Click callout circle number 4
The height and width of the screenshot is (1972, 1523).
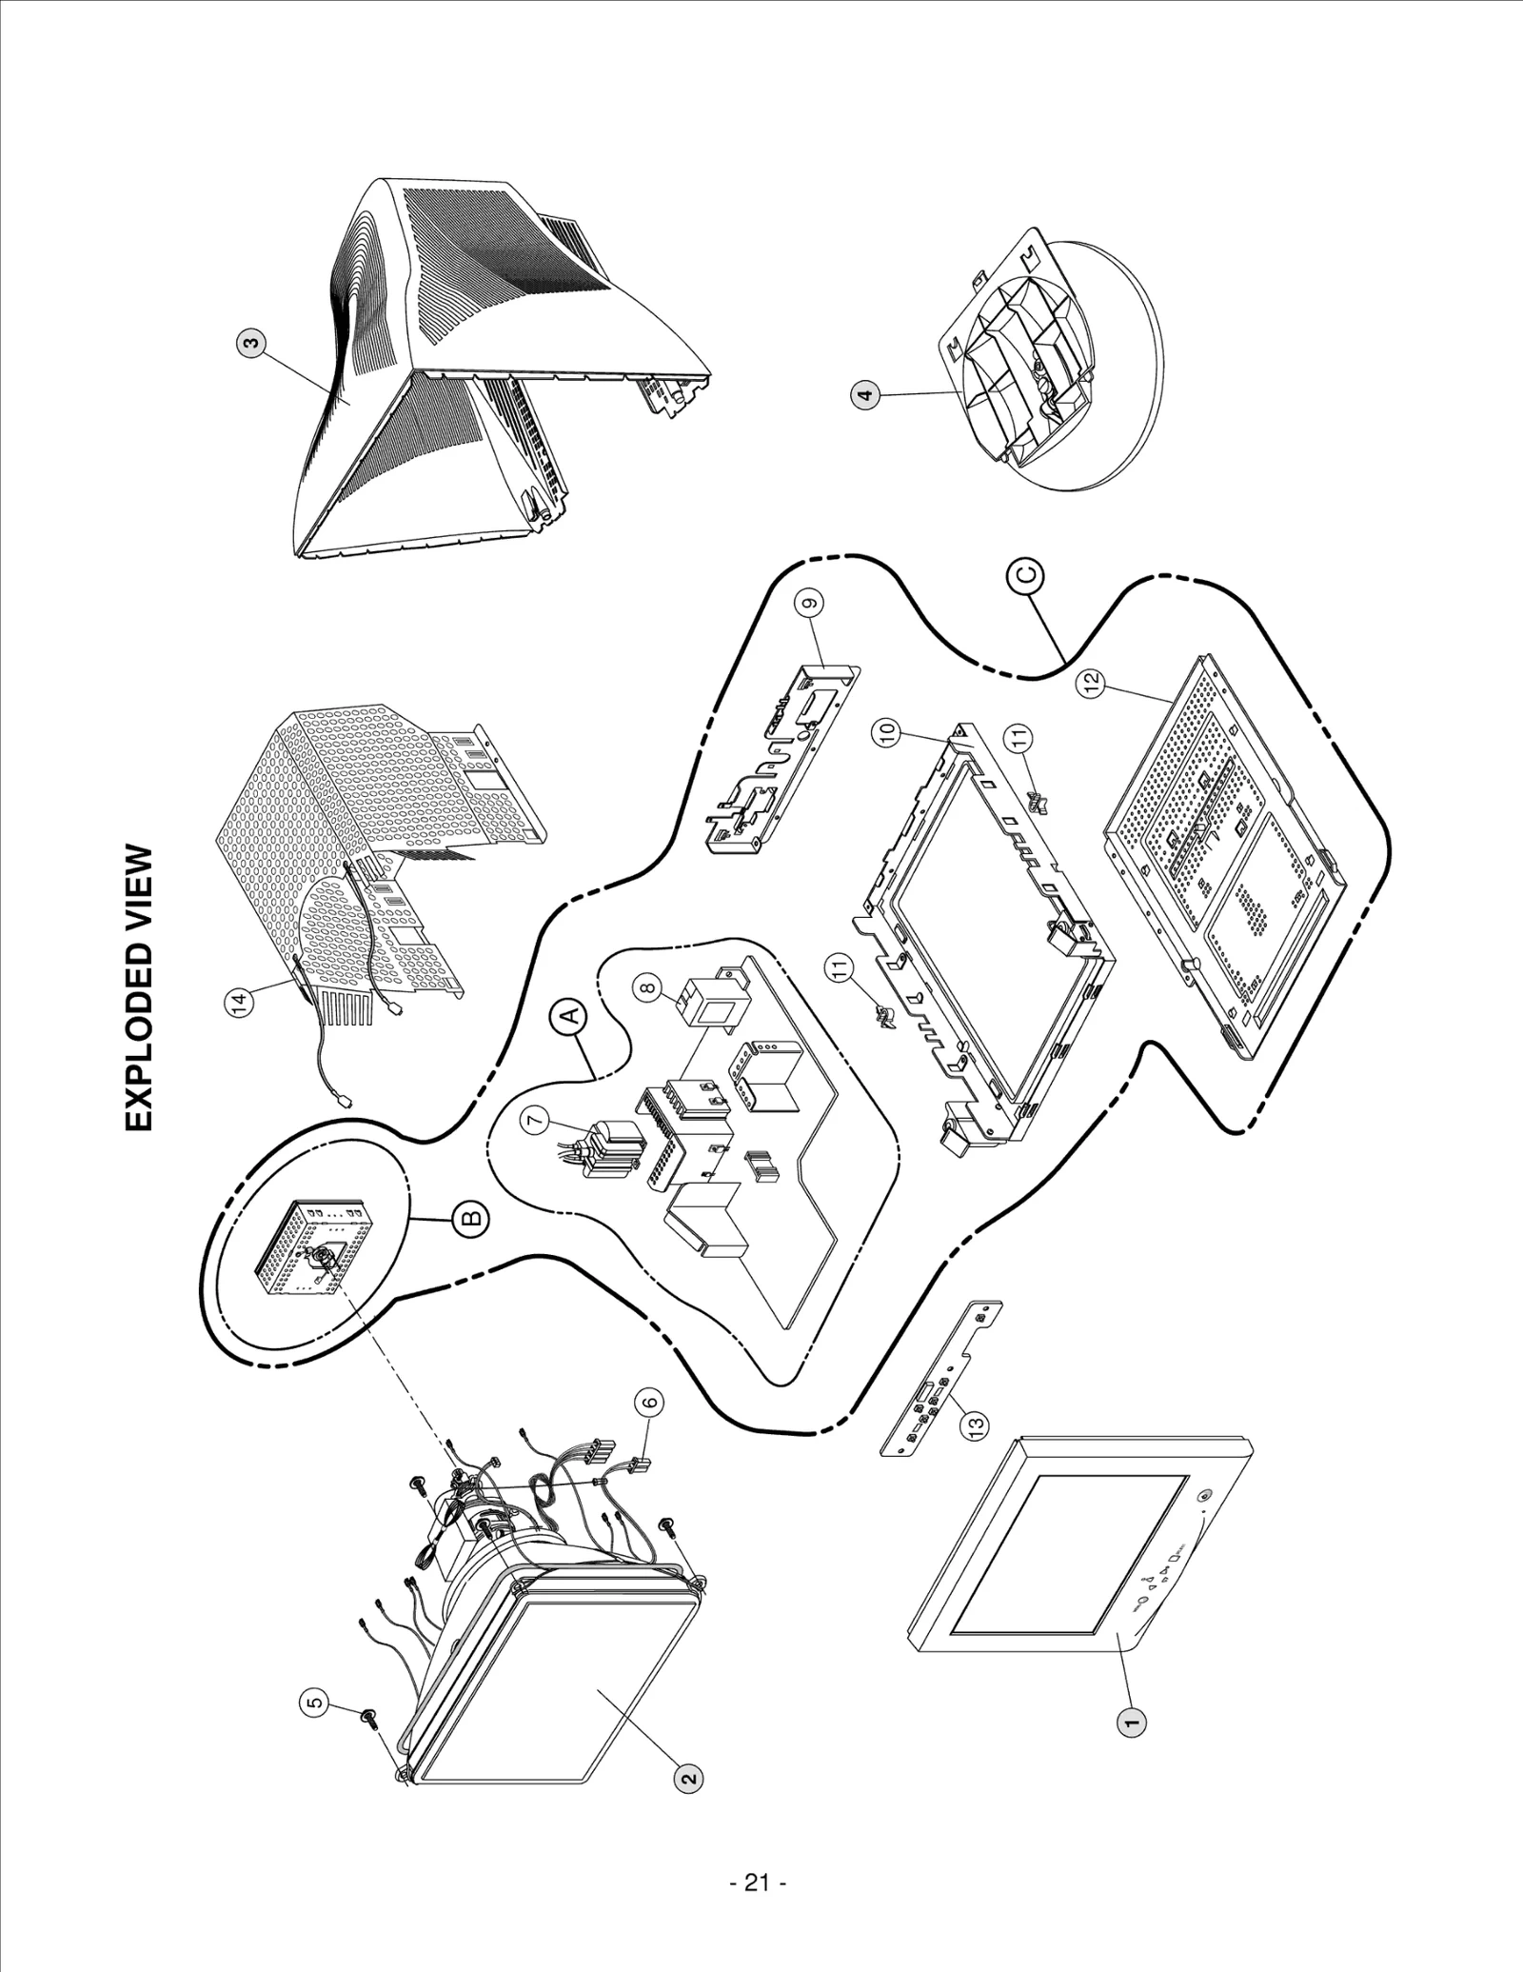coord(864,395)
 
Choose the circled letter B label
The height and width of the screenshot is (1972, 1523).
coord(472,1217)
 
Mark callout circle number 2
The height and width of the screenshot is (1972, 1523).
coord(690,1777)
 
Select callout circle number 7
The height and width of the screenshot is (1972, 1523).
coord(535,1122)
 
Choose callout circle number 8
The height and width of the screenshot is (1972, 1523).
coord(649,990)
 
